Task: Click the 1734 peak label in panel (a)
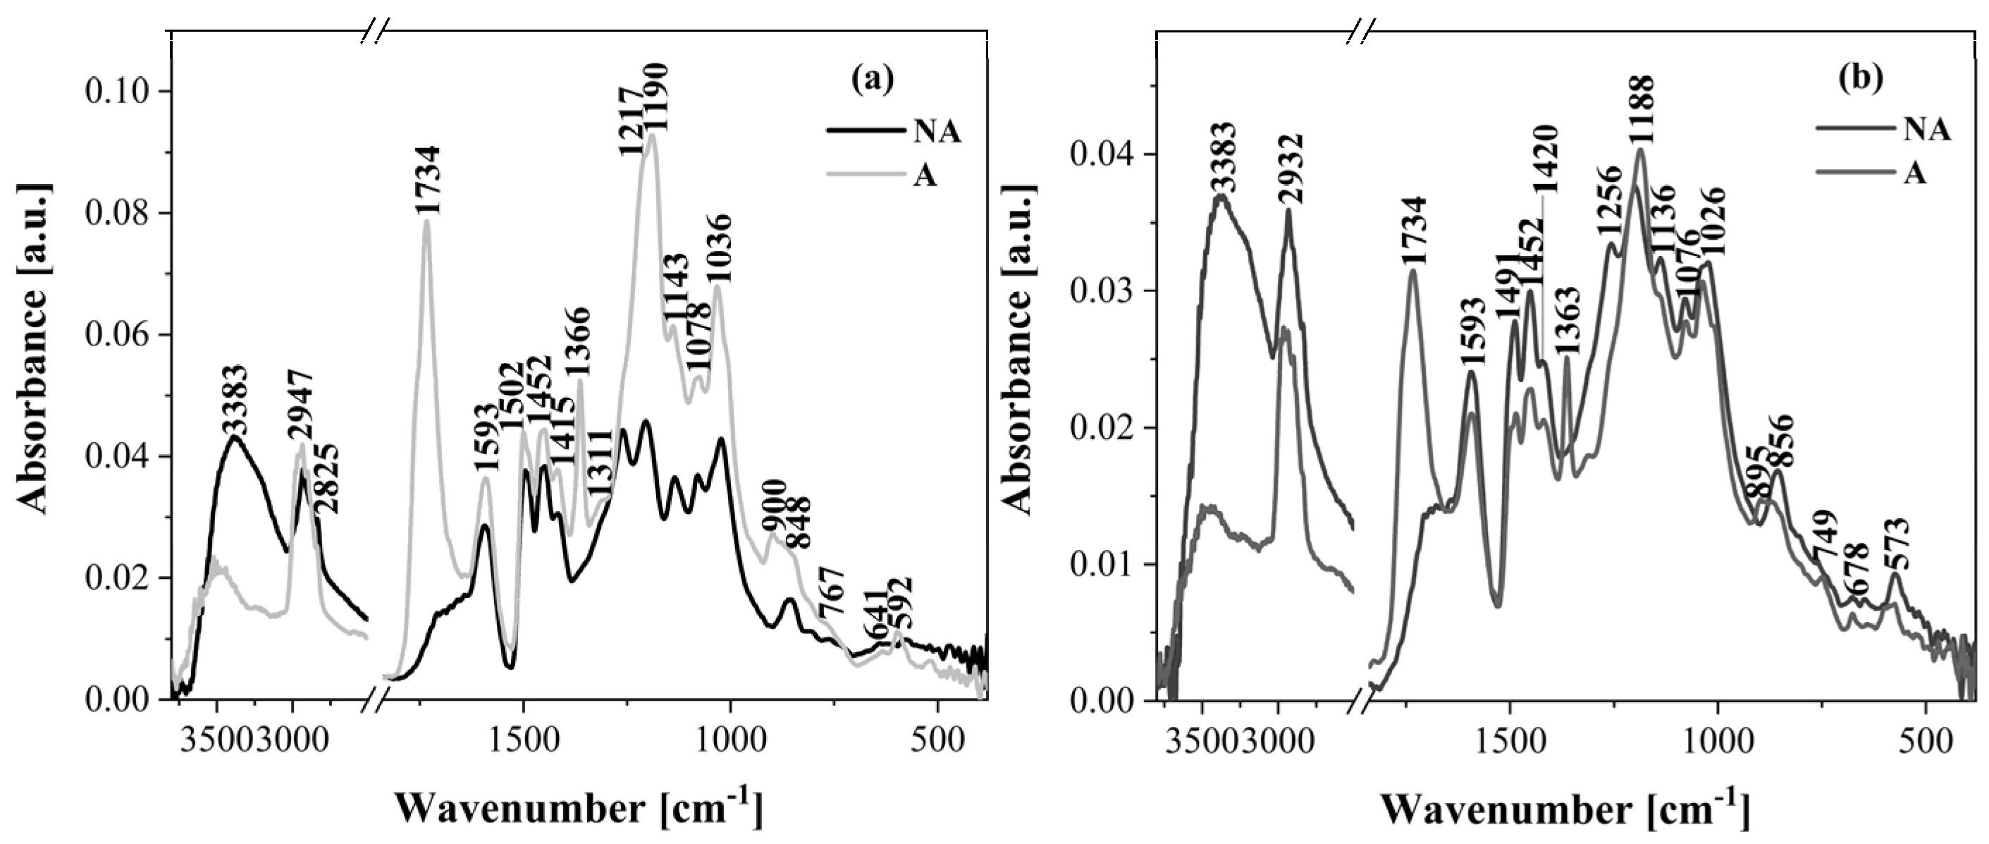point(427,181)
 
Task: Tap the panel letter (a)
point(873,80)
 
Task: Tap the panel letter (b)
point(1859,80)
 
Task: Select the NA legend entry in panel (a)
point(937,132)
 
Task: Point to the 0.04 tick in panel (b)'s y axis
point(1104,154)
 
